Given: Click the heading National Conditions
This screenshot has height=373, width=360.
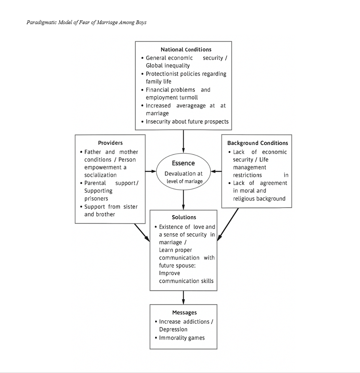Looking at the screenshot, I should point(186,49).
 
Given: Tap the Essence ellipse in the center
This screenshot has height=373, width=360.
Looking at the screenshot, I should point(183,172).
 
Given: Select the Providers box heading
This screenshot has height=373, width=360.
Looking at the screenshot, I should point(110,143).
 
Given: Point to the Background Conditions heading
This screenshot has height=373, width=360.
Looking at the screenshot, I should point(258,143).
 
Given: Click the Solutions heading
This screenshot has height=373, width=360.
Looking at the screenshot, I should point(184,217).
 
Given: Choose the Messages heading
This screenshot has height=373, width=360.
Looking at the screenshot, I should point(184,312).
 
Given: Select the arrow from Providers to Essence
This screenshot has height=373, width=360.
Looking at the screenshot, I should point(151,171).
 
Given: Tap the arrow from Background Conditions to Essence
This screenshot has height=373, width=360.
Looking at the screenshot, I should point(216,171).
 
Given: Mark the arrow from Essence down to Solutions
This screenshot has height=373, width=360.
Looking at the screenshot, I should point(183,199).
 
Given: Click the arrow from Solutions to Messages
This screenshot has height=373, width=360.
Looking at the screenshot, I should point(183,297).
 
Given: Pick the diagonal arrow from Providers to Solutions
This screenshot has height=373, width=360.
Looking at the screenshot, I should point(142,232).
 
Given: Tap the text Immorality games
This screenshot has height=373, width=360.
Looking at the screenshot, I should point(182,338).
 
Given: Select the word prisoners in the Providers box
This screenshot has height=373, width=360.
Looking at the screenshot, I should point(96,199).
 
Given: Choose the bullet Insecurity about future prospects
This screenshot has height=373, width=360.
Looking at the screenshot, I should point(187,122).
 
